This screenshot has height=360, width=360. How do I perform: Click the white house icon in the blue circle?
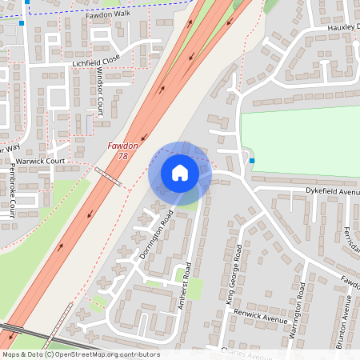pos(179,173)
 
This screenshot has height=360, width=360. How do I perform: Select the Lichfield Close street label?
pos(96,60)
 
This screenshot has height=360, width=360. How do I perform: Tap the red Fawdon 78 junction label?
pos(123,150)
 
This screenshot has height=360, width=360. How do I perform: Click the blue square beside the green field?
pos(252,161)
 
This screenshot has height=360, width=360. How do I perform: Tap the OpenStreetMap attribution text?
pos(80,354)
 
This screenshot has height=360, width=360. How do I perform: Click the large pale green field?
pos(300,144)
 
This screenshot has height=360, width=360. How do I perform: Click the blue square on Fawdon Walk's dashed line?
pos(28,2)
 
